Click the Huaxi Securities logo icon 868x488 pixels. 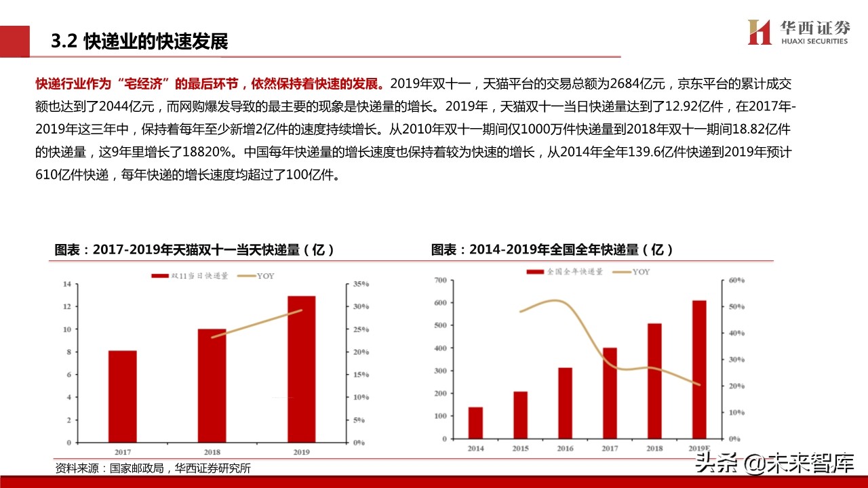(x=759, y=32)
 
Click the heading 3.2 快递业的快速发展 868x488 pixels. (x=140, y=42)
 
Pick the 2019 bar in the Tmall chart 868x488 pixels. (x=302, y=369)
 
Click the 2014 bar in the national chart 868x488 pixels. (x=475, y=422)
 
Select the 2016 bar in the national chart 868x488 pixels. (x=566, y=403)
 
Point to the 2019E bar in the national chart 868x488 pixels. (x=699, y=369)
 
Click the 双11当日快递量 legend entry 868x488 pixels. (x=190, y=276)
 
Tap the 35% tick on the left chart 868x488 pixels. (x=360, y=284)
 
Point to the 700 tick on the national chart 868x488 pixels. (x=439, y=280)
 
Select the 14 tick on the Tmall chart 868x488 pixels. (x=66, y=284)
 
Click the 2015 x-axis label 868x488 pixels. (x=520, y=449)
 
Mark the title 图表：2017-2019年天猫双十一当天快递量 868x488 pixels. (x=195, y=249)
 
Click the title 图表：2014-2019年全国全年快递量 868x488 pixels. (x=552, y=249)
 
